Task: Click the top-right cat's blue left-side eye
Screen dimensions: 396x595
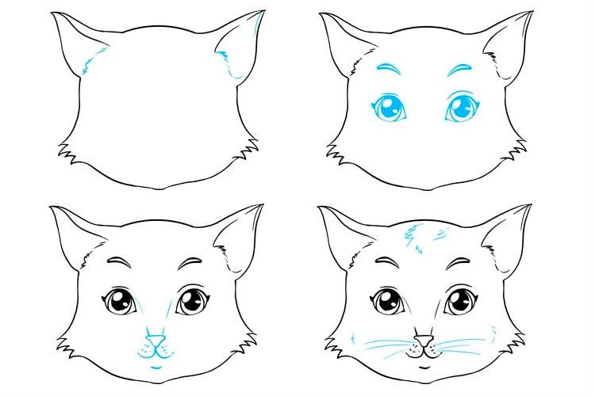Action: coord(388,109)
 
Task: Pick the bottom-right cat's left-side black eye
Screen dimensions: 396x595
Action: coord(388,302)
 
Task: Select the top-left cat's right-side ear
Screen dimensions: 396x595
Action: coord(243,44)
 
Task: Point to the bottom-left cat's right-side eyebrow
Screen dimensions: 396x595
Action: coord(191,261)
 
